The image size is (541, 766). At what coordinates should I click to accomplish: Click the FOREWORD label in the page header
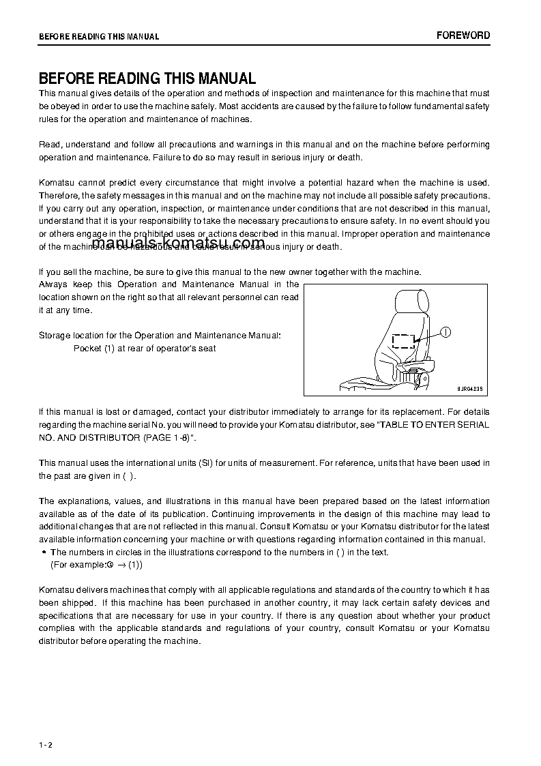pyautogui.click(x=463, y=35)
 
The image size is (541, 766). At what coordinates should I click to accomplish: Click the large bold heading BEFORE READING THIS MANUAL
pyautogui.click(x=147, y=78)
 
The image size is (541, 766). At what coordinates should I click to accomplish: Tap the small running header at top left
pyautogui.click(x=99, y=37)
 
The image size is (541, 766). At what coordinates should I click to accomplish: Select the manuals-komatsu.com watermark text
pyautogui.click(x=177, y=244)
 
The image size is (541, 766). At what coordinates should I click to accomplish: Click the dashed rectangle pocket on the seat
pyautogui.click(x=404, y=341)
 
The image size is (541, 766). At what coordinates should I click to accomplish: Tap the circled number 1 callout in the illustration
pyautogui.click(x=444, y=332)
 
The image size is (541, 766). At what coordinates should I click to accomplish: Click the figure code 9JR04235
pyautogui.click(x=469, y=389)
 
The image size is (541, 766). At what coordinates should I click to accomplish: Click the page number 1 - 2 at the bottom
pyautogui.click(x=46, y=744)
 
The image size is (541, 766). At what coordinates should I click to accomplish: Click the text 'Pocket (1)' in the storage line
pyautogui.click(x=93, y=349)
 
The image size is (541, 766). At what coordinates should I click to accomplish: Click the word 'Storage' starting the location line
pyautogui.click(x=53, y=336)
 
